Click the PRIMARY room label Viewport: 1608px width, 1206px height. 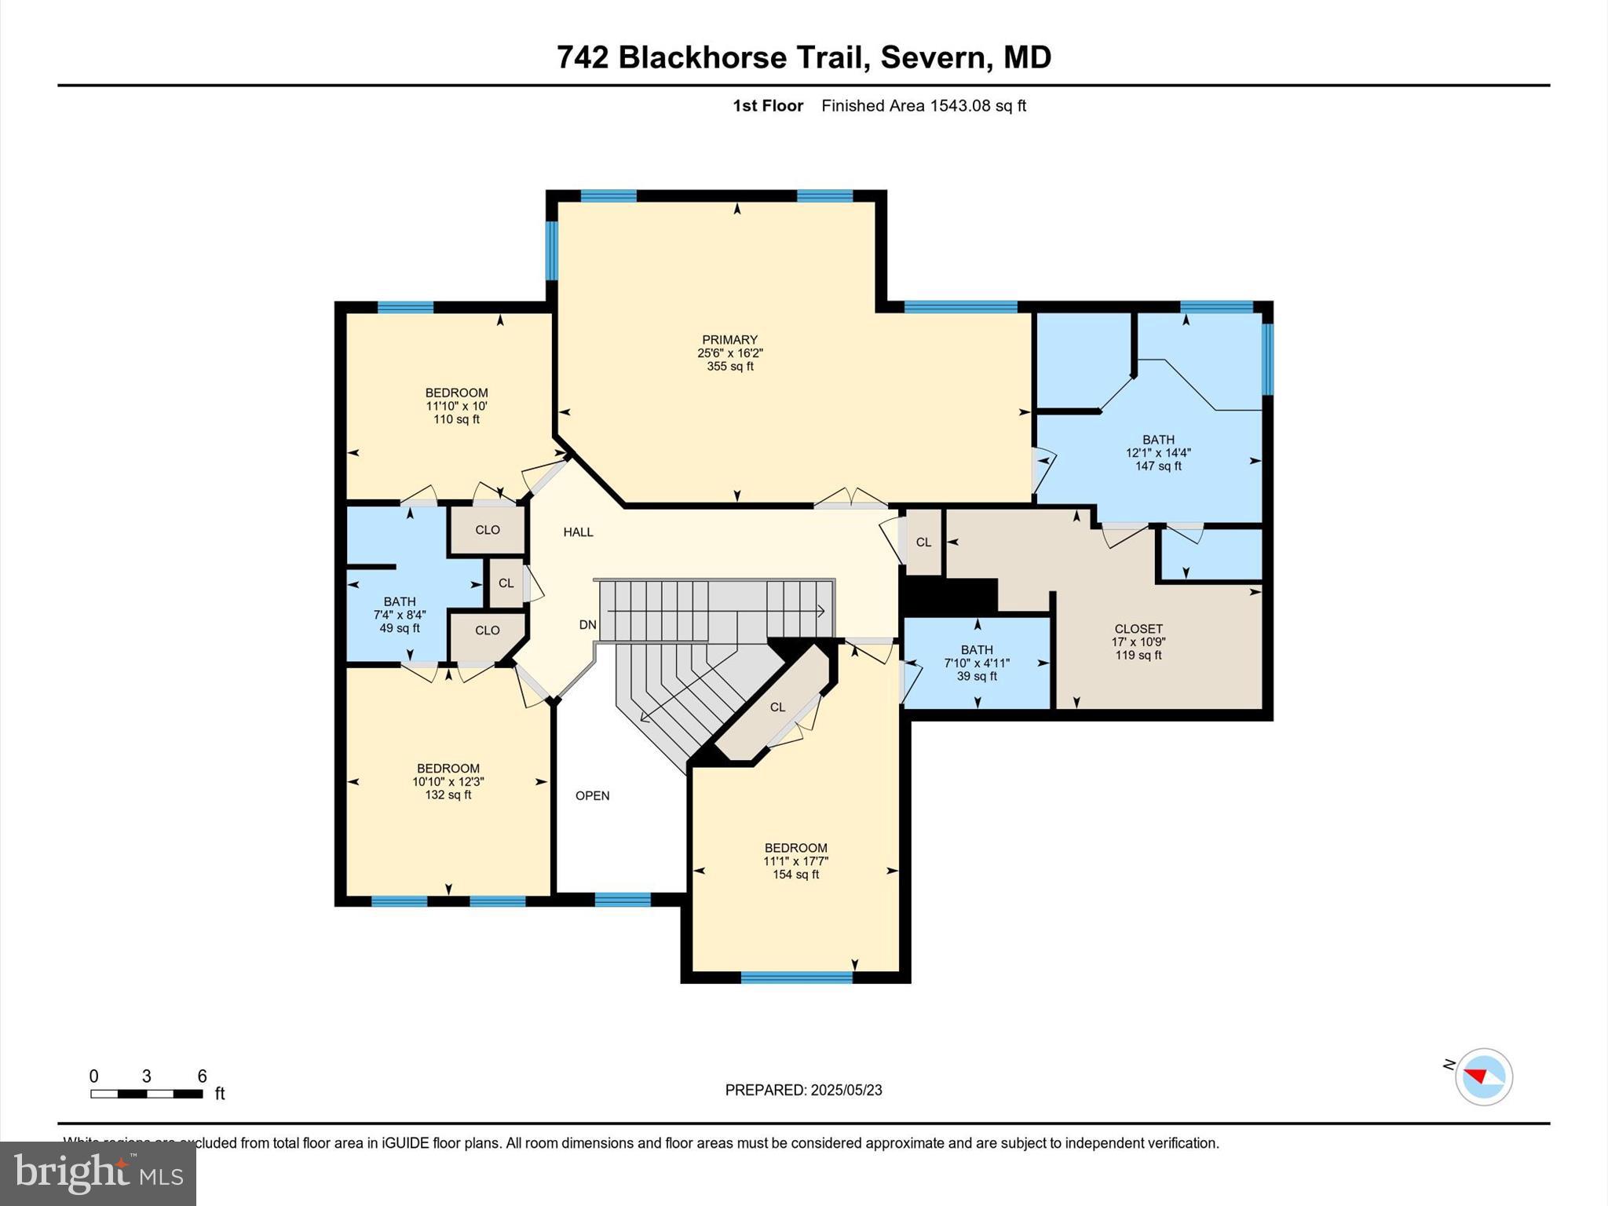coord(729,340)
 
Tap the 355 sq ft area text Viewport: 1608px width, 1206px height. coord(729,367)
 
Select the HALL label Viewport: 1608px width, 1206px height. coord(578,532)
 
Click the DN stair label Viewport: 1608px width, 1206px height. coord(587,625)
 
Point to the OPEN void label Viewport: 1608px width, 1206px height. coord(592,795)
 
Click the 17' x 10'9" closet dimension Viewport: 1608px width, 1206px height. coord(1138,641)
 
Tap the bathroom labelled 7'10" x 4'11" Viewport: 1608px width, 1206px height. coord(977,663)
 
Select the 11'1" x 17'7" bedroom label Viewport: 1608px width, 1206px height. coord(795,861)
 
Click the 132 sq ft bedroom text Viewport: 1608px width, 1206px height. coord(448,795)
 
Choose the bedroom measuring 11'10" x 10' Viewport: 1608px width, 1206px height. coord(456,406)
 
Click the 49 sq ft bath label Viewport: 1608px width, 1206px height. coord(400,628)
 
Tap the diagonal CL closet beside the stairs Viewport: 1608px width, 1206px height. coord(777,707)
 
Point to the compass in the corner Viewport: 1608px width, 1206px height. coord(1483,1076)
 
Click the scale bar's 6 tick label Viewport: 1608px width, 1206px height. coord(202,1076)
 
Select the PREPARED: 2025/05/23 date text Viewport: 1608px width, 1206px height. coord(803,1090)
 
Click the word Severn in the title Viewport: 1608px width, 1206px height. coord(932,57)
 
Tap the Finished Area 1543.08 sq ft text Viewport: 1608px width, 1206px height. coord(923,106)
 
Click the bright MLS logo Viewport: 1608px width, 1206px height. coord(98,1173)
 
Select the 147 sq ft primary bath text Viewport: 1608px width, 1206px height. coord(1157,466)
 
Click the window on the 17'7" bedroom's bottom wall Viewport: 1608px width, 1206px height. coord(796,978)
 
